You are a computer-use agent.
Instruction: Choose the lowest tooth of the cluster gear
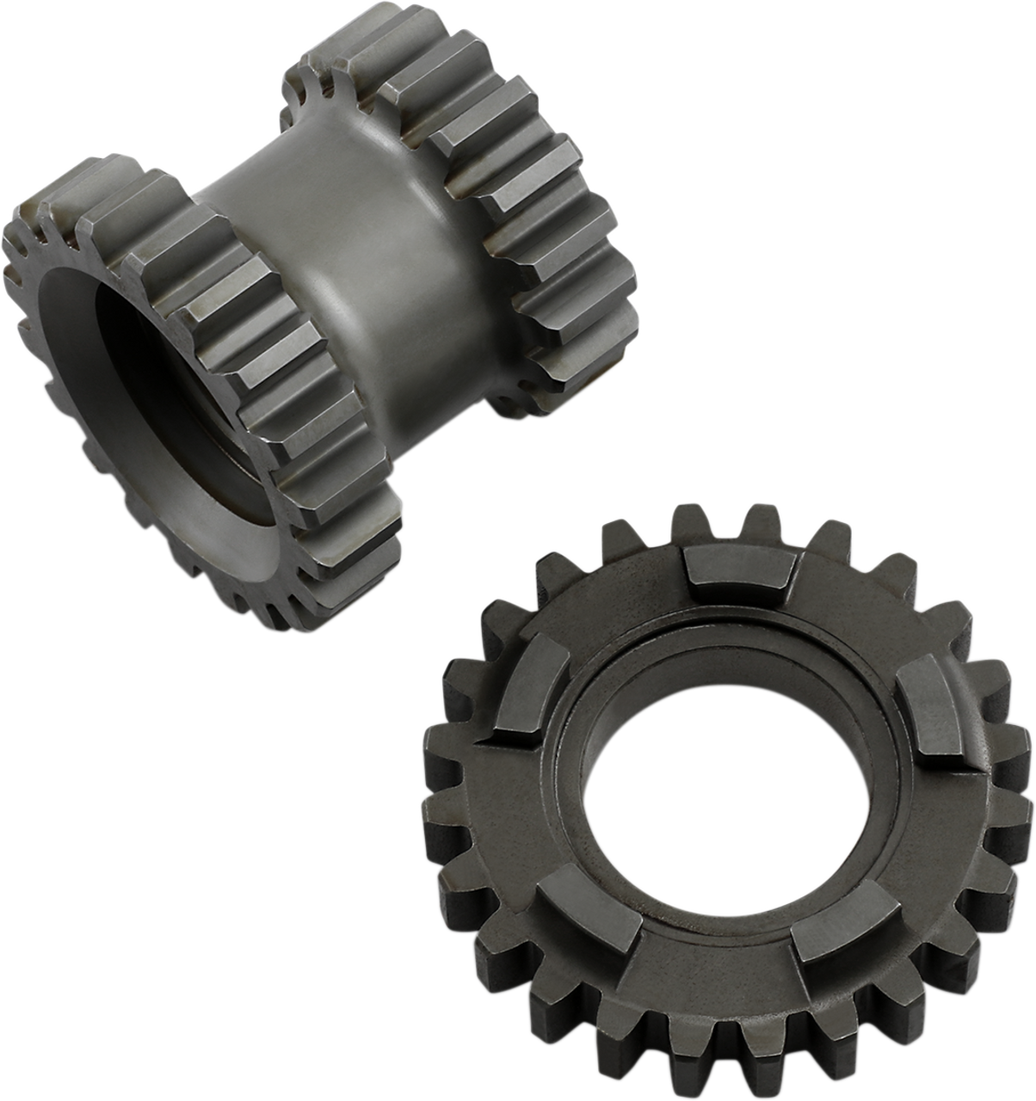coord(284,619)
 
